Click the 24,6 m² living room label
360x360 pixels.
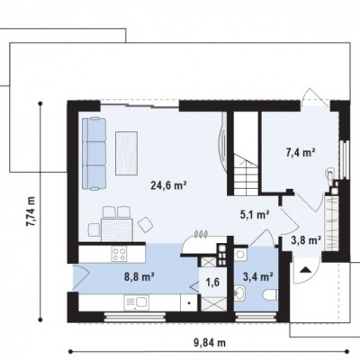click(x=169, y=185)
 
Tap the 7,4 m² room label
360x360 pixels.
click(x=300, y=153)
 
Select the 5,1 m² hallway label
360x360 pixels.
click(x=255, y=214)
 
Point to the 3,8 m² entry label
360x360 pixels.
click(x=306, y=239)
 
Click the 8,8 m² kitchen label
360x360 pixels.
click(x=139, y=275)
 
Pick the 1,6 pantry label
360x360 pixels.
click(x=212, y=282)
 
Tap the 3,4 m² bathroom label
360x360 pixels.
click(x=257, y=276)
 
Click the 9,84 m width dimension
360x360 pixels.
click(x=210, y=342)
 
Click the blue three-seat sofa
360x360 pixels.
click(x=94, y=153)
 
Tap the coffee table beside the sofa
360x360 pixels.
click(x=126, y=153)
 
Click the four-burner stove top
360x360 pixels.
click(x=119, y=254)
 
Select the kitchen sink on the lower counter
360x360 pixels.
click(x=137, y=302)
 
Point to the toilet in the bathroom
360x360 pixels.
click(x=270, y=294)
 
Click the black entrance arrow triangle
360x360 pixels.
click(x=306, y=269)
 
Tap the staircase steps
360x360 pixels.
click(x=246, y=175)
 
